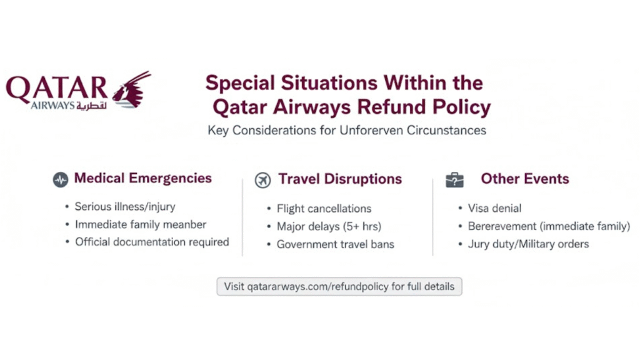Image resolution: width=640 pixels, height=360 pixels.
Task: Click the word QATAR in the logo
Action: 57,88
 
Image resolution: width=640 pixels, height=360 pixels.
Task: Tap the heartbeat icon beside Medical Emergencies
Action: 61,179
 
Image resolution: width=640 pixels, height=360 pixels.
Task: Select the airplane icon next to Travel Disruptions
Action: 263,180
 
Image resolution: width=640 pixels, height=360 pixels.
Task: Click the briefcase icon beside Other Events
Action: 454,180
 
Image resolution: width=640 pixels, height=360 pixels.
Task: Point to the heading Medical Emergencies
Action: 143,179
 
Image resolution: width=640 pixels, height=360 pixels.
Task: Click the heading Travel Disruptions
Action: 340,179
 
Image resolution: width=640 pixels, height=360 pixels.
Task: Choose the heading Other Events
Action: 524,179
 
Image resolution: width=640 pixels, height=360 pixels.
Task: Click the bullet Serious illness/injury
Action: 125,207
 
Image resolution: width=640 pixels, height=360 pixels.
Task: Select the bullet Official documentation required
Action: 152,242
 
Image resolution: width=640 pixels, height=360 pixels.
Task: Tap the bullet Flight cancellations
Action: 324,209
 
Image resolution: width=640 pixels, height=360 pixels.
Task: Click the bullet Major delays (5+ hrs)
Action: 329,226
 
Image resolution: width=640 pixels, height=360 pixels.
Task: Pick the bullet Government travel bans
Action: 335,244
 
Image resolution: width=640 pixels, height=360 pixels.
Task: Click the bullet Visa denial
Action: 494,208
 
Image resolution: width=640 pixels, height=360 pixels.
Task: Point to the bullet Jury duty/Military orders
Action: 528,244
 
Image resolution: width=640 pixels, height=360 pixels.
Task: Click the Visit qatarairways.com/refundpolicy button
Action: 339,287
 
